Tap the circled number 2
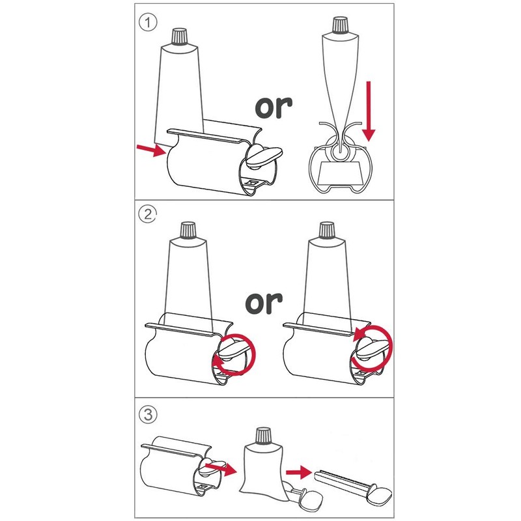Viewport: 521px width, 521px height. [x=149, y=214]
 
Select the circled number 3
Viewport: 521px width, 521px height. [x=149, y=414]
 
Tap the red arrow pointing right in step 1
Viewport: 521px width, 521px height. [x=150, y=150]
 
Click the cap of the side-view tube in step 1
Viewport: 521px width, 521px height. [x=340, y=25]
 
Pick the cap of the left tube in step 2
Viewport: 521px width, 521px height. [x=188, y=231]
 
